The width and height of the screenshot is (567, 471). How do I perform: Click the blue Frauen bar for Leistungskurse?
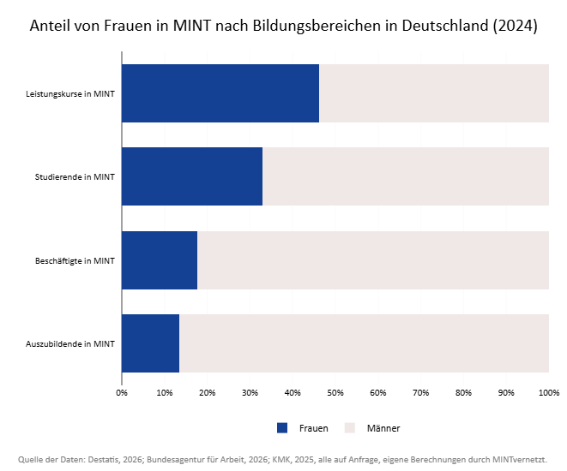220,93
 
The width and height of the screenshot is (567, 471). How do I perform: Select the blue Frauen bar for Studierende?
192,176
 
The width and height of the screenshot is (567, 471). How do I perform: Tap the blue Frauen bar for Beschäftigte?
160,260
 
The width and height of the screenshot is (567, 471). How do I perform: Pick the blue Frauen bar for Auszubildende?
151,343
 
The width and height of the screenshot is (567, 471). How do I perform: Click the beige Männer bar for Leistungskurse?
434,93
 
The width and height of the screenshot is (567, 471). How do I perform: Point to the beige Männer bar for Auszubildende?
365,343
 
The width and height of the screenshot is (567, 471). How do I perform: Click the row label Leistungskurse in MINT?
70,94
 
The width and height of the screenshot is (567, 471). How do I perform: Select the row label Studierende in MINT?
75,177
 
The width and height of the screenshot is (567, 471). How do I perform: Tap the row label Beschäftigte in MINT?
75,260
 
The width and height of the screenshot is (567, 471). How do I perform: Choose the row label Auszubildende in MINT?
70,343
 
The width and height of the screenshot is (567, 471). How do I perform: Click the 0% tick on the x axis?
122,393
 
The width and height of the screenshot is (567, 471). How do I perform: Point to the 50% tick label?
335,393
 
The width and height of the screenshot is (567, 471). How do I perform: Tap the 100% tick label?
549,393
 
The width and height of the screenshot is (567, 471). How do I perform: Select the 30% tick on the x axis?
250,393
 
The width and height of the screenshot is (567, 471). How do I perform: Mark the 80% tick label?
463,393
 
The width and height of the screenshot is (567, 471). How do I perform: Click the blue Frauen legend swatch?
282,428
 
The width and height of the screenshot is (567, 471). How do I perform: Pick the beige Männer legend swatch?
350,428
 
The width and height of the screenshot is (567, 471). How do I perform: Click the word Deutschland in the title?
445,26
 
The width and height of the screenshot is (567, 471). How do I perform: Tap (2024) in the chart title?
515,26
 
